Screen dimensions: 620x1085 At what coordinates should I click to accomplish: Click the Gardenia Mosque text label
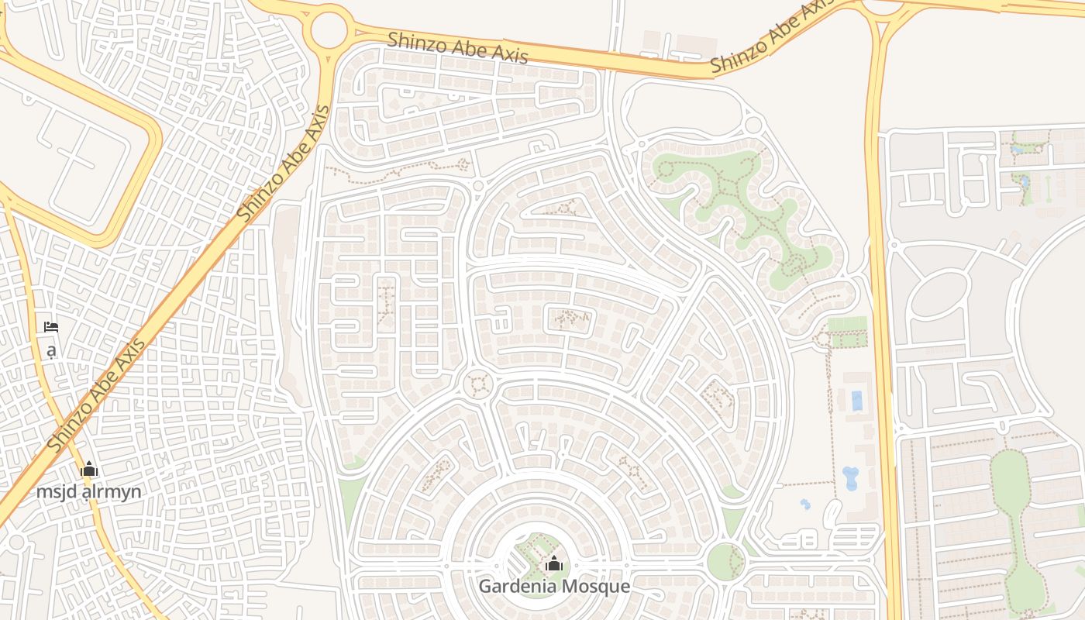[x=553, y=586]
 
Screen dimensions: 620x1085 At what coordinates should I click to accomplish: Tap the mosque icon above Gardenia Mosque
[x=553, y=564]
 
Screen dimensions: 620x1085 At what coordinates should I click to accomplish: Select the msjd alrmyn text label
[x=89, y=491]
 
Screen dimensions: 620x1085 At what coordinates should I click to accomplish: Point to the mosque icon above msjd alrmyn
[x=89, y=470]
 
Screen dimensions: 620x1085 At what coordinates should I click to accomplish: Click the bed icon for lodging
[x=51, y=327]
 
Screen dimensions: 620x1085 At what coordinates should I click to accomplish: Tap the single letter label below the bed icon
[x=51, y=351]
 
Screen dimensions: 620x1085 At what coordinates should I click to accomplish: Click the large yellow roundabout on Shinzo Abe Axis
[x=329, y=29]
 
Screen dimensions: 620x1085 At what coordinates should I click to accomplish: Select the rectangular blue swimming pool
[x=856, y=401]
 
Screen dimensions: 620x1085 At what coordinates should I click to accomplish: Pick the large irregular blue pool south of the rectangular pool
[x=850, y=477]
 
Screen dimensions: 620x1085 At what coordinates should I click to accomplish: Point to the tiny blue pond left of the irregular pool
[x=805, y=505]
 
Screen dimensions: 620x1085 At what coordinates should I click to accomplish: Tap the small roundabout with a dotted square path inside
[x=477, y=384]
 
